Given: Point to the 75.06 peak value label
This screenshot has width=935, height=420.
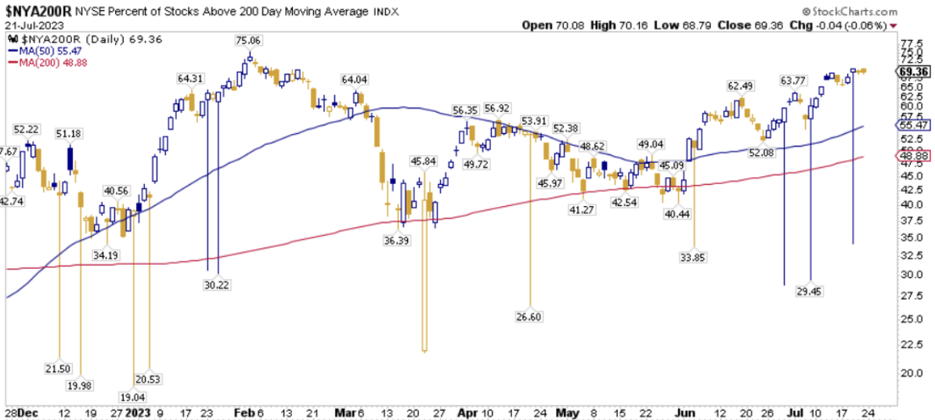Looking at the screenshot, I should point(249,40).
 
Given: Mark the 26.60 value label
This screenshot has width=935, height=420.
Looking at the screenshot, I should point(531,316).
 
